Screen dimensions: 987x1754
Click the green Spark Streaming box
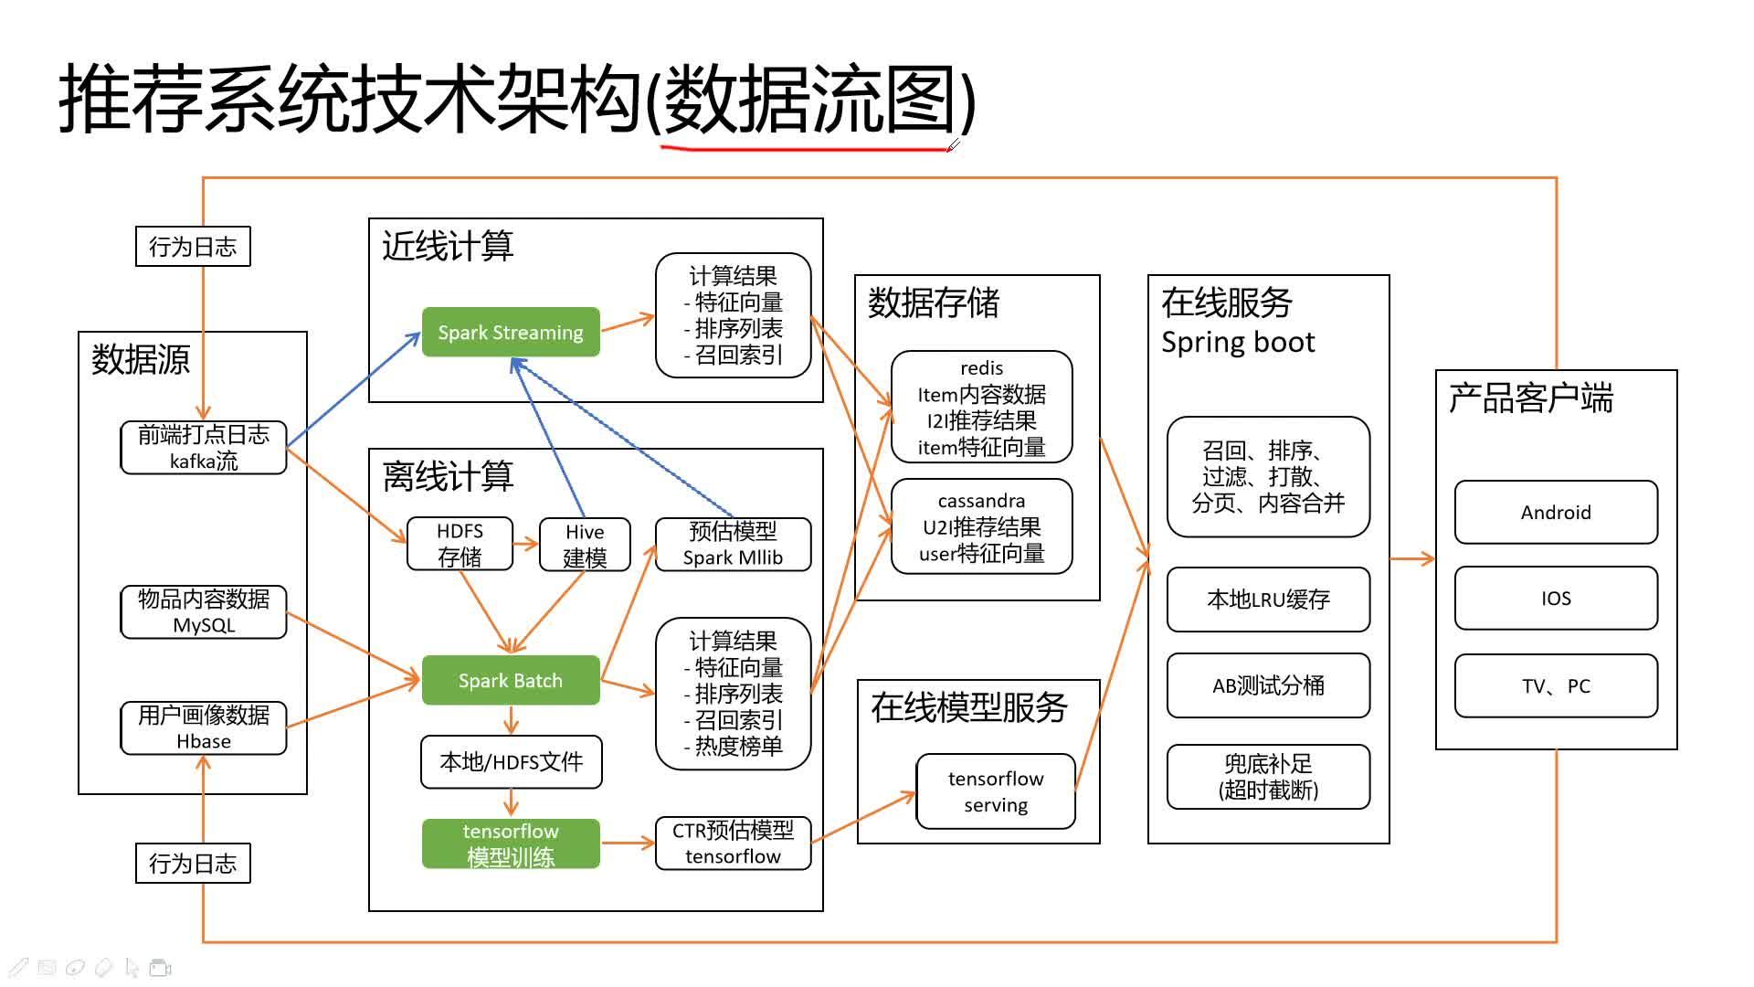point(510,332)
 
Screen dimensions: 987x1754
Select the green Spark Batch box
point(510,680)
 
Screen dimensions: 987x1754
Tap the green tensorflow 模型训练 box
point(510,844)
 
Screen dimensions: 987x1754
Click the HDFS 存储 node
point(460,544)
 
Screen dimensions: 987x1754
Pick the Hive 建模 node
point(585,545)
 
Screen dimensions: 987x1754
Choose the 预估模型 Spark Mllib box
point(733,545)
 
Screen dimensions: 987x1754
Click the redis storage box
point(981,408)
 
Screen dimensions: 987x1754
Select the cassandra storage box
point(981,527)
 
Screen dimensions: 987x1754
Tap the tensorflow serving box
point(995,791)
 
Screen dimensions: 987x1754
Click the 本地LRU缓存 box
point(1268,600)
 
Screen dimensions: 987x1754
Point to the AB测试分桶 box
point(1268,685)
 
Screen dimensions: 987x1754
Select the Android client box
point(1555,513)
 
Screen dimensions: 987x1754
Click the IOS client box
point(1555,599)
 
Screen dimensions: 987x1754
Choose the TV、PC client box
point(1555,686)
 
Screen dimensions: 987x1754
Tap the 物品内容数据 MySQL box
point(203,611)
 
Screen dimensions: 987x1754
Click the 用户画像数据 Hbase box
point(203,727)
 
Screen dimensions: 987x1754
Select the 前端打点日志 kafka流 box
point(203,447)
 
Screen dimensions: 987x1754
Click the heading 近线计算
point(448,246)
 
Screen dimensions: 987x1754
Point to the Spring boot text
point(1237,343)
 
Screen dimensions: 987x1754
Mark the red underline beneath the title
point(804,146)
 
